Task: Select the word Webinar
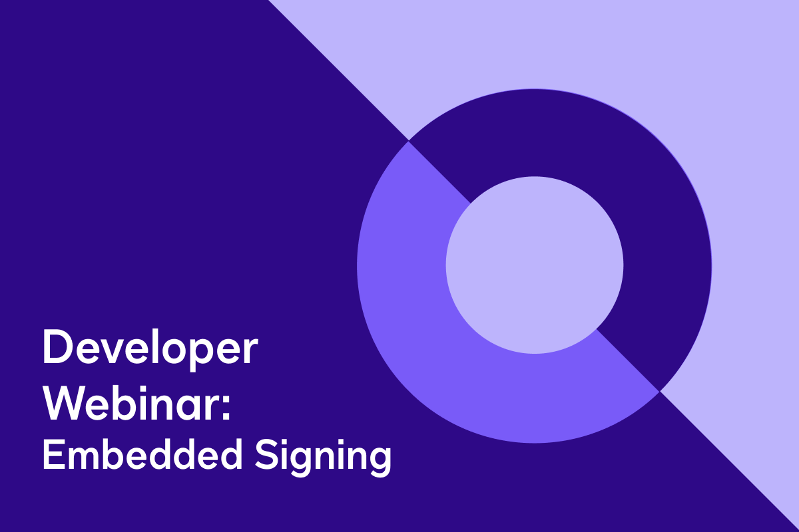[x=136, y=402]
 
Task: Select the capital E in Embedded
[x=51, y=456]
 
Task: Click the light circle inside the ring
[x=535, y=265]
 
